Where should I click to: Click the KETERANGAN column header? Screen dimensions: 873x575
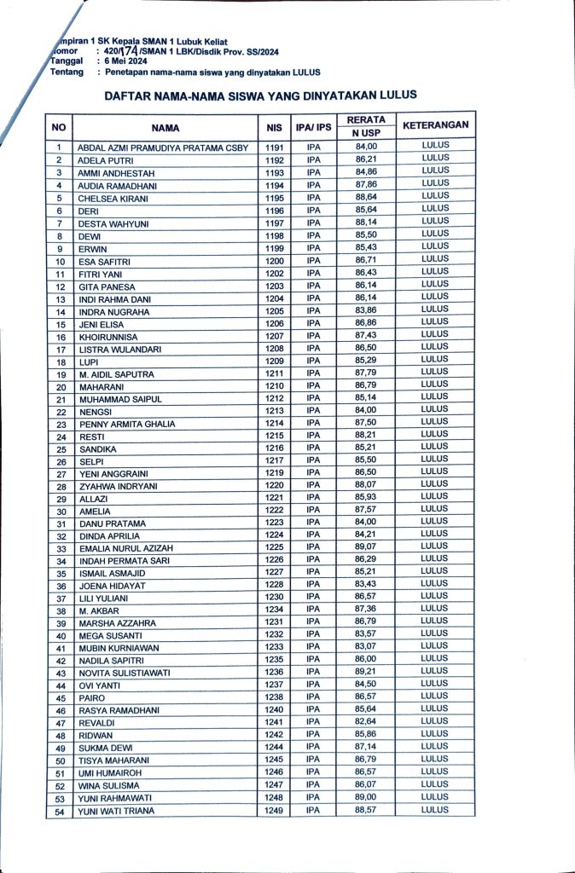pos(435,126)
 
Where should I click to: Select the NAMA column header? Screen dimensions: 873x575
pos(166,128)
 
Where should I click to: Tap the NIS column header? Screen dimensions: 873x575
pos(274,128)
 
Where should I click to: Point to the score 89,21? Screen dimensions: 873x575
pos(366,672)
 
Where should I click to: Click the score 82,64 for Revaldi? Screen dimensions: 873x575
pos(366,722)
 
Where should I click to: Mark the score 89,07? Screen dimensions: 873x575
pos(366,546)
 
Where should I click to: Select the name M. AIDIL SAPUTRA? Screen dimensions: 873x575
pos(116,375)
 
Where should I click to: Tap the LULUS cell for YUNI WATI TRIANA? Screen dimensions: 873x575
pos(435,809)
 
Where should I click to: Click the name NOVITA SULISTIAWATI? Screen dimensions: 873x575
pos(125,673)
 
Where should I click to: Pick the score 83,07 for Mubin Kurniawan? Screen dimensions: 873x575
pos(366,647)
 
